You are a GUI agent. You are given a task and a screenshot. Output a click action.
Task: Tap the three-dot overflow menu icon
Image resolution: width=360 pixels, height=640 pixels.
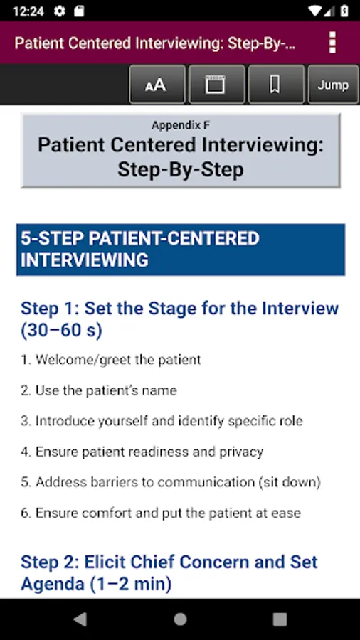point(332,43)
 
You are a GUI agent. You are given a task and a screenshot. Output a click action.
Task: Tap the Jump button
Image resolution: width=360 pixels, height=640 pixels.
point(334,85)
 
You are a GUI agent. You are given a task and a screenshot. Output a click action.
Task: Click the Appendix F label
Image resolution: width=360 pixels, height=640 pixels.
point(181,125)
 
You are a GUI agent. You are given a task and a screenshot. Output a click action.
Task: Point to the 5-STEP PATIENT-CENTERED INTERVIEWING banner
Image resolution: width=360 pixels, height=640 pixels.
point(181,250)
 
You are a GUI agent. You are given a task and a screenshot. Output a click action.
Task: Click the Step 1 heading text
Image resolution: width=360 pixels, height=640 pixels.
point(179,319)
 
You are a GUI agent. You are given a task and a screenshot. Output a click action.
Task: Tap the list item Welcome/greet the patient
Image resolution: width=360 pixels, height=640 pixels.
point(110,360)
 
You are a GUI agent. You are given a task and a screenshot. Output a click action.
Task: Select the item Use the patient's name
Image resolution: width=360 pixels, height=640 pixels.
point(99,390)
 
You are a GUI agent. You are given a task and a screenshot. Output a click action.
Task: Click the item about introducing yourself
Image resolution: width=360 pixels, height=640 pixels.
point(162,421)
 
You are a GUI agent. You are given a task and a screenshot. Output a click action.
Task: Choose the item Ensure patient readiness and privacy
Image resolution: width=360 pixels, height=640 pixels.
point(142,452)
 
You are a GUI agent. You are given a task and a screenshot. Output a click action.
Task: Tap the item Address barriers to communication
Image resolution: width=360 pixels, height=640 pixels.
point(171,482)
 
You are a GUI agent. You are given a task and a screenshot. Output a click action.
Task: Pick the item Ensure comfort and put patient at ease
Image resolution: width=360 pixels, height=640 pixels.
point(161,513)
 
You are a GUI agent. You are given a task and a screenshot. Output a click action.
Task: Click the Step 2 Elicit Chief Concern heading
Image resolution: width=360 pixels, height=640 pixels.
point(169,573)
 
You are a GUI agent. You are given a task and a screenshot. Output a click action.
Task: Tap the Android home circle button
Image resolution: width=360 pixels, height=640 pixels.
point(180,619)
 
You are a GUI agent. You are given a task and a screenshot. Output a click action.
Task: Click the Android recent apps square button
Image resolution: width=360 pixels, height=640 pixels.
point(280,619)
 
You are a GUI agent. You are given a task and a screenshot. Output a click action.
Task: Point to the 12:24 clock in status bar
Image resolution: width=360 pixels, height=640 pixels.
point(28,11)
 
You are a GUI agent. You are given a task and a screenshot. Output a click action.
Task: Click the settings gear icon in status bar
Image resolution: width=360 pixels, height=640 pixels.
point(60,11)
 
